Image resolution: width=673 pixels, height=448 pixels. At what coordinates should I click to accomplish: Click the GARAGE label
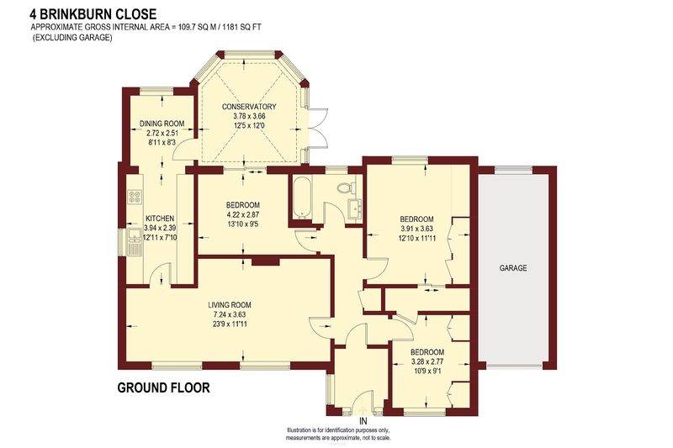pos(513,268)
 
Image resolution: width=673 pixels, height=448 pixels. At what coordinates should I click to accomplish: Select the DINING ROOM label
pos(162,124)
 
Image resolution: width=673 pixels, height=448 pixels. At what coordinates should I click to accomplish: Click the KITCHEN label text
pos(160,219)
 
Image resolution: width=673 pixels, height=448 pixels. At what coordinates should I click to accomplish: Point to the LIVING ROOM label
pos(230,305)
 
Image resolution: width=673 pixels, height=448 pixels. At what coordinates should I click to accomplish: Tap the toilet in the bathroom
pos(347,187)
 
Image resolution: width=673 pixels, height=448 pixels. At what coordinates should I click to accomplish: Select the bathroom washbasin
pos(353,208)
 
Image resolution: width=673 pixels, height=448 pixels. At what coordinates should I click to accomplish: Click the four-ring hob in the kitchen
pos(135,196)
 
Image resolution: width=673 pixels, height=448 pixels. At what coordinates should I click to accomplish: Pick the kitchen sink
pos(135,242)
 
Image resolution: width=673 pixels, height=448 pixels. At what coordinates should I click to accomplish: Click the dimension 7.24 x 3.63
pos(230,314)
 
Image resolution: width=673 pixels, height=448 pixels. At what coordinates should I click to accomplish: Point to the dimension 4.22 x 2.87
pos(243,214)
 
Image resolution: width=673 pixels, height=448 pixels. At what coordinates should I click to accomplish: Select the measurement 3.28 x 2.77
pos(427,361)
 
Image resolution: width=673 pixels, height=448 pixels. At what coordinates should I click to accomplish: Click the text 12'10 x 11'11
pos(416,238)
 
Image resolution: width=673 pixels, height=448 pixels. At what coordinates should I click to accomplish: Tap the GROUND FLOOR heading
pos(163,388)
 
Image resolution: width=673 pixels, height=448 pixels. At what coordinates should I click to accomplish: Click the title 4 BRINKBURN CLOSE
pos(93,14)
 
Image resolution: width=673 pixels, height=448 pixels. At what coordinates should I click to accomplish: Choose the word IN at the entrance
pos(363,421)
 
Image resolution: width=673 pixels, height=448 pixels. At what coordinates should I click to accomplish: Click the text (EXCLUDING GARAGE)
pos(72,37)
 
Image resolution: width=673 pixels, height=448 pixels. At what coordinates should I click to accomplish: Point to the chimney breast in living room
pos(266,261)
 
